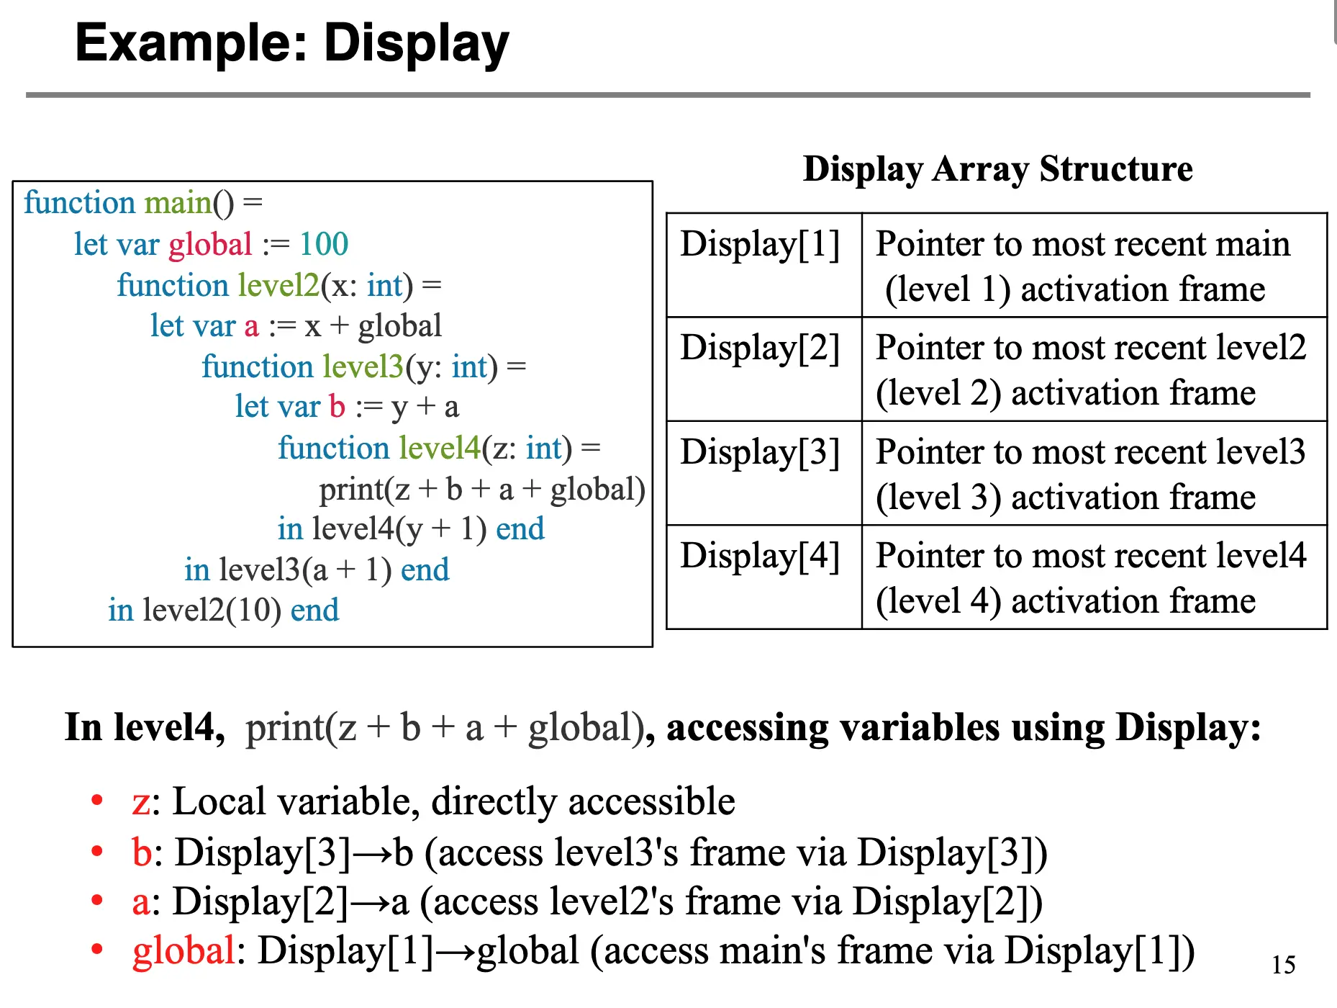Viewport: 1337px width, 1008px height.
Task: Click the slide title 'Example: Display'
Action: [x=291, y=43]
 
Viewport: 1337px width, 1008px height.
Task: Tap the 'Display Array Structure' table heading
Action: [x=997, y=169]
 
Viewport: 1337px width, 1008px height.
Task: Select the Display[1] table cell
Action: [x=761, y=244]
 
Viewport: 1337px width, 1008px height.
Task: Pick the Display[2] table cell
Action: [x=761, y=348]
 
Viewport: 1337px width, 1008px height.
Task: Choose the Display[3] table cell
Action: [x=761, y=453]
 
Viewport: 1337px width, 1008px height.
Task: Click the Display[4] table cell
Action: [x=761, y=557]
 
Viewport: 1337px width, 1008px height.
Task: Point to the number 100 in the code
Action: [x=324, y=244]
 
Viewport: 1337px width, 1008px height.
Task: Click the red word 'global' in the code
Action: [x=210, y=245]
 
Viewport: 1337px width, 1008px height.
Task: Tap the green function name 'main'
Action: [x=178, y=203]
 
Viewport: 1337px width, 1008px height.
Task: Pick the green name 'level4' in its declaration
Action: [x=440, y=449]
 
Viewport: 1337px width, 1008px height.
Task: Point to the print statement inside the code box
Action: [x=481, y=490]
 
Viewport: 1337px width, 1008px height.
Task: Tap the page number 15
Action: [x=1283, y=965]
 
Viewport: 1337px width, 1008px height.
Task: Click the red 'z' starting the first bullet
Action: [x=141, y=802]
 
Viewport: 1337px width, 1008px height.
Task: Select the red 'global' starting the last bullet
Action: [x=183, y=951]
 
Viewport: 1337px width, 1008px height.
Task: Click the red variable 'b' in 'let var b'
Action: [x=337, y=407]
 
